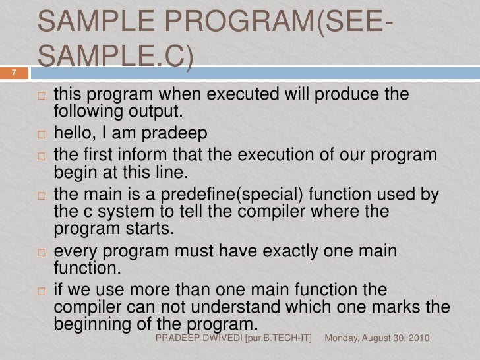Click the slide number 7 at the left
[x=11, y=73]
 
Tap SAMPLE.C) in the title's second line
[x=115, y=62]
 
